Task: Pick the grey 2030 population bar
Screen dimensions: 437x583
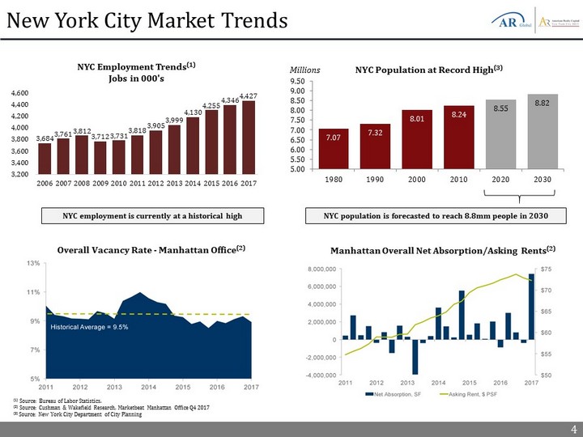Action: [542, 132]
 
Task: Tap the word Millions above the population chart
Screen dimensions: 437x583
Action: [305, 70]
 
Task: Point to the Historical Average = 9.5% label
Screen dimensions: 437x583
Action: [88, 327]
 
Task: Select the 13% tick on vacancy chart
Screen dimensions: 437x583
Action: [34, 264]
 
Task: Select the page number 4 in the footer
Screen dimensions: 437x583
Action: [573, 428]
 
